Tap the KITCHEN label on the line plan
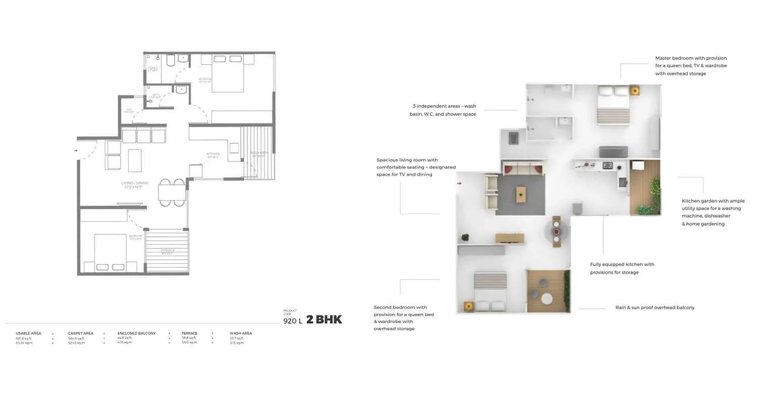213,155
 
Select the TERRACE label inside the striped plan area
168,251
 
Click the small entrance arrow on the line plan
76,150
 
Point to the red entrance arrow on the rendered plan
459,184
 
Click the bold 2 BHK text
324,320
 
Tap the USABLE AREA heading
28,333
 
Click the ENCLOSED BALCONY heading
136,333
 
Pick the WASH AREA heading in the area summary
241,333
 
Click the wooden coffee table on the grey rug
520,193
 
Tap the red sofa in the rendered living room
523,168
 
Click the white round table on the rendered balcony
547,298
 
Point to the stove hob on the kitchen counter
608,165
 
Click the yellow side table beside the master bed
635,91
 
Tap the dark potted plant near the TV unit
465,237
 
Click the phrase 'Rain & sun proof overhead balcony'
655,308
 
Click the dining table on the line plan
172,193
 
